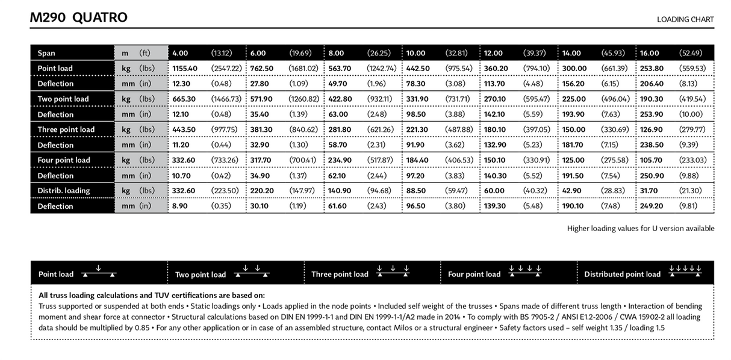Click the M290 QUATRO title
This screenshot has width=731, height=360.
pos(79,17)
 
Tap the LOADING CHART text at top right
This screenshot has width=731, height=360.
pos(685,19)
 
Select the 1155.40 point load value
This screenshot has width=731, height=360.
pos(185,68)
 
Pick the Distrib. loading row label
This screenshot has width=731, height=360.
pos(64,190)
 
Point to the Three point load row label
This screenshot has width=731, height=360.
pos(63,129)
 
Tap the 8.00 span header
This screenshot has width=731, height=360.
pos(337,53)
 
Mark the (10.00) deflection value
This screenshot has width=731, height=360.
pos(691,114)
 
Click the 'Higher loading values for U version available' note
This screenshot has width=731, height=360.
pos(641,228)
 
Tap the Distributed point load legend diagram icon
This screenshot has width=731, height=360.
pos(685,272)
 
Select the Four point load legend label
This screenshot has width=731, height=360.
pos(474,274)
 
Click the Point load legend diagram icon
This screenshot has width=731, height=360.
pos(99,272)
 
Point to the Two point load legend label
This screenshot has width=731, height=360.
pos(201,275)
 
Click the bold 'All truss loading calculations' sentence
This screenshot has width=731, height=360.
pos(151,295)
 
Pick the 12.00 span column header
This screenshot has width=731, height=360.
pos(494,53)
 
